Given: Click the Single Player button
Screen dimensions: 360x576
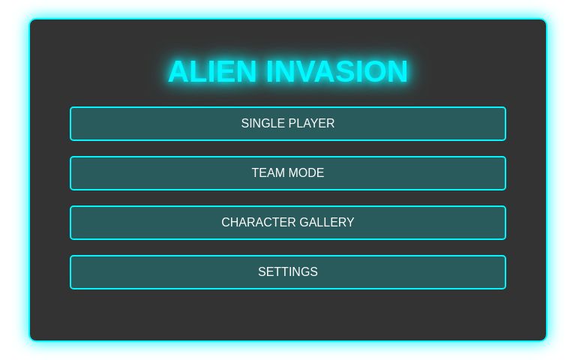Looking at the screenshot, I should (x=288, y=124).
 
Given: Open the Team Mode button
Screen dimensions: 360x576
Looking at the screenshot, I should (x=288, y=173).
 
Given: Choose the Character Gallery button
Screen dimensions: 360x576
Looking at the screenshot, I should (x=288, y=223).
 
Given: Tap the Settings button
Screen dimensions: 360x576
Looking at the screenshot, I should (x=288, y=272).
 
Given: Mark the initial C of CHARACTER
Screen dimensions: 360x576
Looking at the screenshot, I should (x=226, y=223).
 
